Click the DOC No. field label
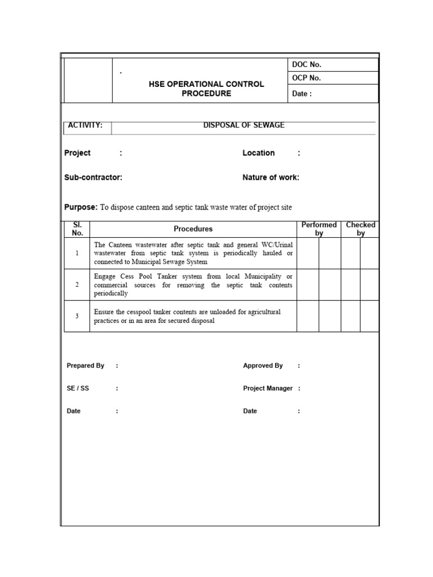tap(306, 65)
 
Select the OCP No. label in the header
tap(306, 78)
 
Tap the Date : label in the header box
tap(302, 94)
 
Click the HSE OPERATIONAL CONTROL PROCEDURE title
tap(206, 88)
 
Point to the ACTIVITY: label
tap(85, 125)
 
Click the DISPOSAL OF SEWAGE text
tap(244, 125)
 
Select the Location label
tap(258, 153)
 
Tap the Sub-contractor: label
tap(93, 177)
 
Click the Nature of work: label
tap(271, 177)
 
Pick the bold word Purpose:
tap(81, 207)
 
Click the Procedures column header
tap(193, 229)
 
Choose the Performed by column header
tap(319, 229)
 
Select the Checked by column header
tap(360, 229)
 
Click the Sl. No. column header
tap(77, 229)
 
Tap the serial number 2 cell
tap(77, 285)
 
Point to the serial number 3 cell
tap(77, 316)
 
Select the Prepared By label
tap(85, 366)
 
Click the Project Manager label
tap(268, 388)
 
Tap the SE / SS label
tap(78, 388)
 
